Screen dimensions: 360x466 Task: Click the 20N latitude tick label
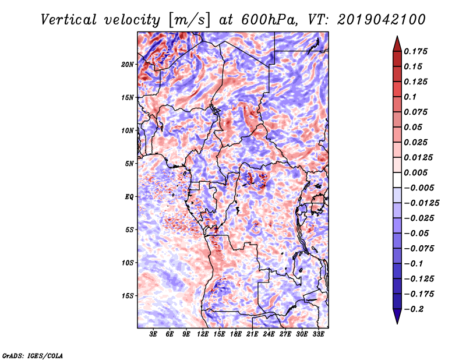tap(128, 64)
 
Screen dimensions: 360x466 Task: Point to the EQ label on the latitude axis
tap(129, 197)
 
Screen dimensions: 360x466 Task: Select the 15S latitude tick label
tap(128, 296)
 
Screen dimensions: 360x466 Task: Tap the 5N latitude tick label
tap(129, 164)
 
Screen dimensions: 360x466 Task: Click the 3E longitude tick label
tap(154, 335)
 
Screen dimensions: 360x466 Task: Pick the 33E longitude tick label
tap(319, 335)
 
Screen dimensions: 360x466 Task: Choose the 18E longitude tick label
tap(236, 335)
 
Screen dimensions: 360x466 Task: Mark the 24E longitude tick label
tap(269, 335)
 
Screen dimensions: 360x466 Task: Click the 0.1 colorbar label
tap(410, 97)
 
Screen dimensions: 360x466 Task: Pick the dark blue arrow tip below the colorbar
tap(397, 319)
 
